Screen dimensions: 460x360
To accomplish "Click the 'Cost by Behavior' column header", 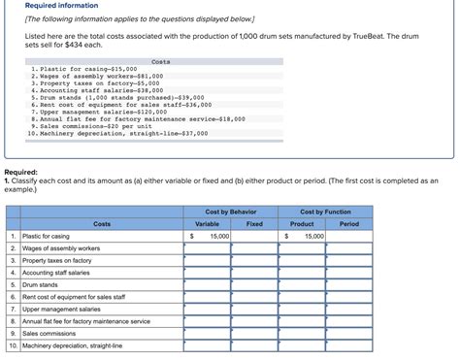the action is tap(231, 212).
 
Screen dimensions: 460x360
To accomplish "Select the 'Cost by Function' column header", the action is tap(325, 212).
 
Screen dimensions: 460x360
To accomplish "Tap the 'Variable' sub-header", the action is tap(207, 224).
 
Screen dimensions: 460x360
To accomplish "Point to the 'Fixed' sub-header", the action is tap(254, 224).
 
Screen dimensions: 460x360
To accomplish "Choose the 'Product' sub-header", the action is tap(301, 224).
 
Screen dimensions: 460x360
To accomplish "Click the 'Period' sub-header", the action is tap(348, 224).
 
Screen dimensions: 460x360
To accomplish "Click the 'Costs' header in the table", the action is tap(102, 224).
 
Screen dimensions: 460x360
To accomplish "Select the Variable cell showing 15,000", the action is tap(207, 236).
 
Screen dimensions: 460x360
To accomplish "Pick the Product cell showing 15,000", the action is tap(301, 236).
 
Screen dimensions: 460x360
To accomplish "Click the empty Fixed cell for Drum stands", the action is tap(254, 284).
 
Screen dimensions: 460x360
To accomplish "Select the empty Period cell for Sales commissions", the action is tap(348, 333).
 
